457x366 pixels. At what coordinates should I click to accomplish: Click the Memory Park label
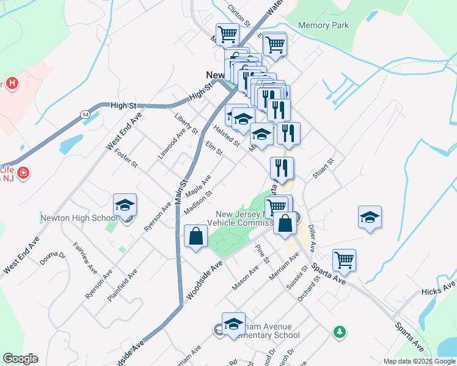(323, 26)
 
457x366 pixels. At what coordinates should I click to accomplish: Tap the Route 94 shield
(85, 113)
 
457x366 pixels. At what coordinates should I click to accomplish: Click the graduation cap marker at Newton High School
(125, 206)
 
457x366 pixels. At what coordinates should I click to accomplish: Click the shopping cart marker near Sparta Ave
(345, 260)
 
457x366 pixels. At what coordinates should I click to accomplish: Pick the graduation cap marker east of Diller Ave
(370, 218)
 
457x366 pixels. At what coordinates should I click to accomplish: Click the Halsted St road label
(226, 135)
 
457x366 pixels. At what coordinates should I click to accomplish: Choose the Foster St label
(126, 158)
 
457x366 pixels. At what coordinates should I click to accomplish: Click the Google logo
(20, 359)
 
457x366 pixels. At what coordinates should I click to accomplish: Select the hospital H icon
(11, 84)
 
